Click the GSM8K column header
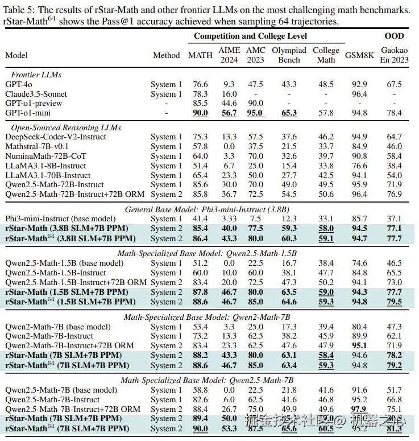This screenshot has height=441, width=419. click(x=359, y=55)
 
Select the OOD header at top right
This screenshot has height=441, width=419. click(x=394, y=36)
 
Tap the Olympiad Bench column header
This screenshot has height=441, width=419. click(x=289, y=55)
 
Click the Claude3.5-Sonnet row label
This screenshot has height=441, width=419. click(x=36, y=94)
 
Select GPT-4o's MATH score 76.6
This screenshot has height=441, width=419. click(x=200, y=84)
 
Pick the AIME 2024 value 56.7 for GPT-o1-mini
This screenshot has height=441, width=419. click(x=229, y=113)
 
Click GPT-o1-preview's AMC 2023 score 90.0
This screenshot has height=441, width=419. click(x=256, y=103)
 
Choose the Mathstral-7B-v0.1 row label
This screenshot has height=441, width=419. click(x=38, y=146)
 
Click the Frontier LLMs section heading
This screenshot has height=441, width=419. click(x=36, y=75)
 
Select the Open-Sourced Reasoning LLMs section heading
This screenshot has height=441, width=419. click(x=66, y=127)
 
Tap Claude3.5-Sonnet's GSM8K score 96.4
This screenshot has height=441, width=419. click(x=359, y=94)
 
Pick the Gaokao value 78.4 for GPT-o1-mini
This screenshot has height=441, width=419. click(x=394, y=113)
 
